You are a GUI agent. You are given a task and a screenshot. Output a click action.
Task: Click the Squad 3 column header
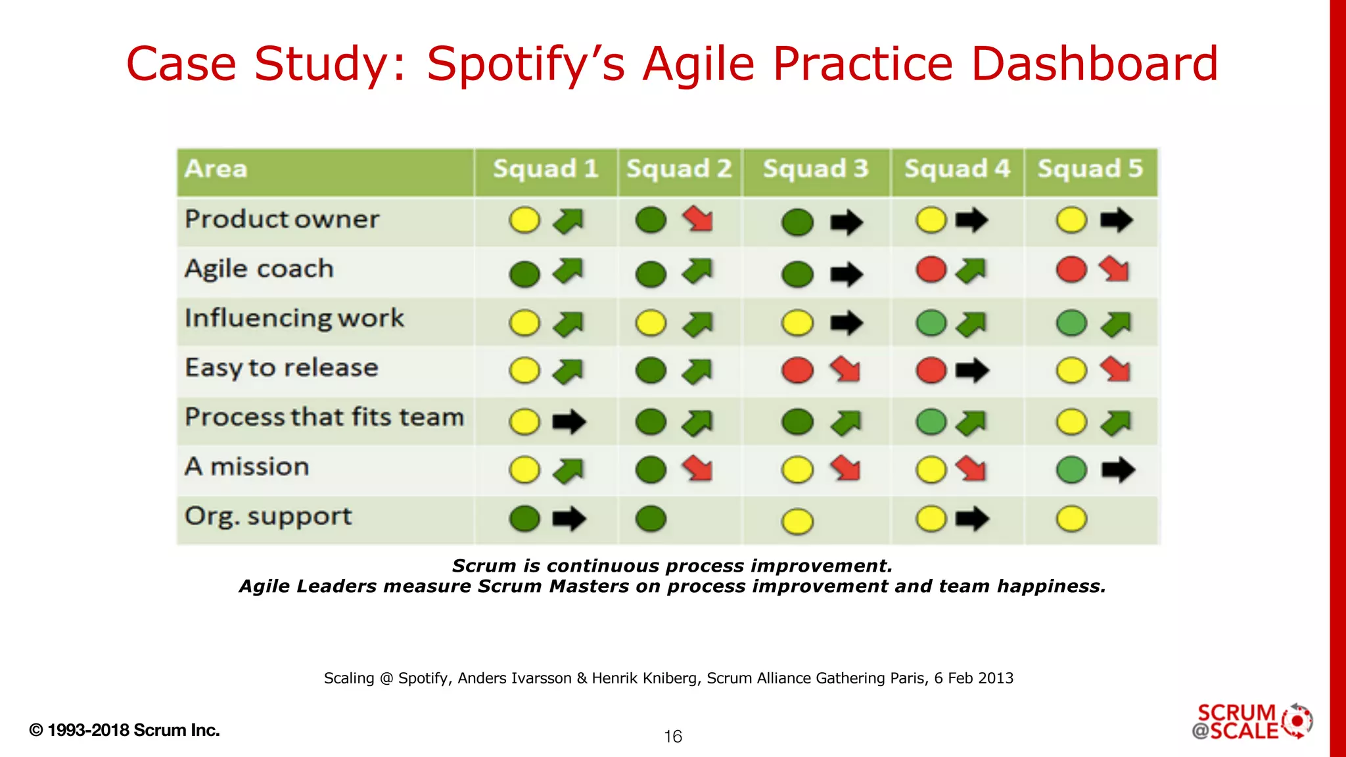click(816, 170)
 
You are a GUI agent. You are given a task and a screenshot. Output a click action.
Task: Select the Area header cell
click(216, 170)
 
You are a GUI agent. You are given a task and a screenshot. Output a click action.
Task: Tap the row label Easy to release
click(281, 368)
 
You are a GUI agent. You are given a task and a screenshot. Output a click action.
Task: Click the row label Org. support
click(268, 516)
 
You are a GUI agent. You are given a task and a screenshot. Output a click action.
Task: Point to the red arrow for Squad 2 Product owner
click(698, 219)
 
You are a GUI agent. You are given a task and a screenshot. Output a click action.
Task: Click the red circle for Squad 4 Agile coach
click(931, 269)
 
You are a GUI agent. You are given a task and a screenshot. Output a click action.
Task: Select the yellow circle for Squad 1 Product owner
click(524, 220)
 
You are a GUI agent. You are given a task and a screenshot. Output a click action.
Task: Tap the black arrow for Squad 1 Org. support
click(569, 518)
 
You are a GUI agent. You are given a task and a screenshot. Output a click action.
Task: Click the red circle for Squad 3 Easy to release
click(797, 371)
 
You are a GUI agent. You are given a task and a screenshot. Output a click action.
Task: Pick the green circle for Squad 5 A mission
click(1071, 470)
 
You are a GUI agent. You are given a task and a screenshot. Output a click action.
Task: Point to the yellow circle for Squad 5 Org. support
click(1071, 518)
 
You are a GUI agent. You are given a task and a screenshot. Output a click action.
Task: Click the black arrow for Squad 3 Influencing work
click(846, 323)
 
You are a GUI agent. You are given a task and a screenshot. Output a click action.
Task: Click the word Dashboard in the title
click(1094, 64)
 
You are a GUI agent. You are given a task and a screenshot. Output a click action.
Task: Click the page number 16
click(673, 737)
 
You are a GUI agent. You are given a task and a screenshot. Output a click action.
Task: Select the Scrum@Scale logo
click(1252, 722)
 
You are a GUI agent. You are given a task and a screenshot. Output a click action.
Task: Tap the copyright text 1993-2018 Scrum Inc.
click(125, 730)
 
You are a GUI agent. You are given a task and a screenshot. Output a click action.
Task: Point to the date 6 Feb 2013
click(973, 678)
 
